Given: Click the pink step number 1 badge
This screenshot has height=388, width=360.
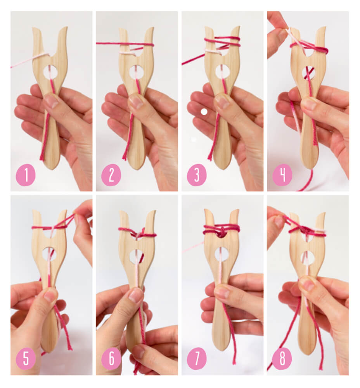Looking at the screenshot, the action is point(26,175).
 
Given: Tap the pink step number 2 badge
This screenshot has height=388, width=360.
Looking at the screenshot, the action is point(111,175).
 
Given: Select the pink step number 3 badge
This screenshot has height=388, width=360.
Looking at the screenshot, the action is point(197,175).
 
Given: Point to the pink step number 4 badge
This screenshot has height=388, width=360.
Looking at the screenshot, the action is point(282,175).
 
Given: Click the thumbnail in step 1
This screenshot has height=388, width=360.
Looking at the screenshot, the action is point(51,101).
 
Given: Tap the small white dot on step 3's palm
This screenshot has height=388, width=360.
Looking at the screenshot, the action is point(204,112).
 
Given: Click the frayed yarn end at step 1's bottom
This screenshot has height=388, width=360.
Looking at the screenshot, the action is point(42,157).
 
